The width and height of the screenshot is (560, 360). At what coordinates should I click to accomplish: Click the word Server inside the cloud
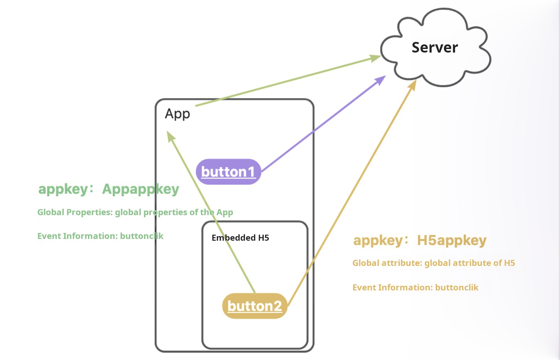(x=434, y=48)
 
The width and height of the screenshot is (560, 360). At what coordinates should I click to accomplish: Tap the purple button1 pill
(x=228, y=172)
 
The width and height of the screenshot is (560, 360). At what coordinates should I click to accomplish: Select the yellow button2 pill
(x=254, y=306)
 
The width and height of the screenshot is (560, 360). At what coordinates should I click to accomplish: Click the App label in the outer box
(x=177, y=114)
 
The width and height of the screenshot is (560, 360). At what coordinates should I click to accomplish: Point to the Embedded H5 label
(x=240, y=238)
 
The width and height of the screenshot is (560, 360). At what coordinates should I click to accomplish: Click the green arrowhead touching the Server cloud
(x=375, y=58)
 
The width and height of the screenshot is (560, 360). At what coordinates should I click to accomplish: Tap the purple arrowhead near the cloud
(x=381, y=80)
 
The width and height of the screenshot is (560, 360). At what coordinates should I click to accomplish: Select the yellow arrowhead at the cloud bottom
(x=412, y=84)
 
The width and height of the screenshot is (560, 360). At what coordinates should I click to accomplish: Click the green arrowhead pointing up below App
(x=170, y=136)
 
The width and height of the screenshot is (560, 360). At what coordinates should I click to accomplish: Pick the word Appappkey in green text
(x=141, y=189)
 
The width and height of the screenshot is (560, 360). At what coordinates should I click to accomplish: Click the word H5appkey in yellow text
(x=451, y=240)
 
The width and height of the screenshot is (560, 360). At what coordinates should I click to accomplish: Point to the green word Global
(x=51, y=212)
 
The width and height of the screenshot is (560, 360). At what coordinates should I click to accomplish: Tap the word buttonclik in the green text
(x=142, y=236)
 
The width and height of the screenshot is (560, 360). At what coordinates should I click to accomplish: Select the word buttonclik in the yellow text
(x=457, y=288)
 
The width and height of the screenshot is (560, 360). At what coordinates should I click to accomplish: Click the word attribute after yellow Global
(x=404, y=263)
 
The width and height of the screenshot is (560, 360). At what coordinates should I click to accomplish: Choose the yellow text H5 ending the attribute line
(x=509, y=263)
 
